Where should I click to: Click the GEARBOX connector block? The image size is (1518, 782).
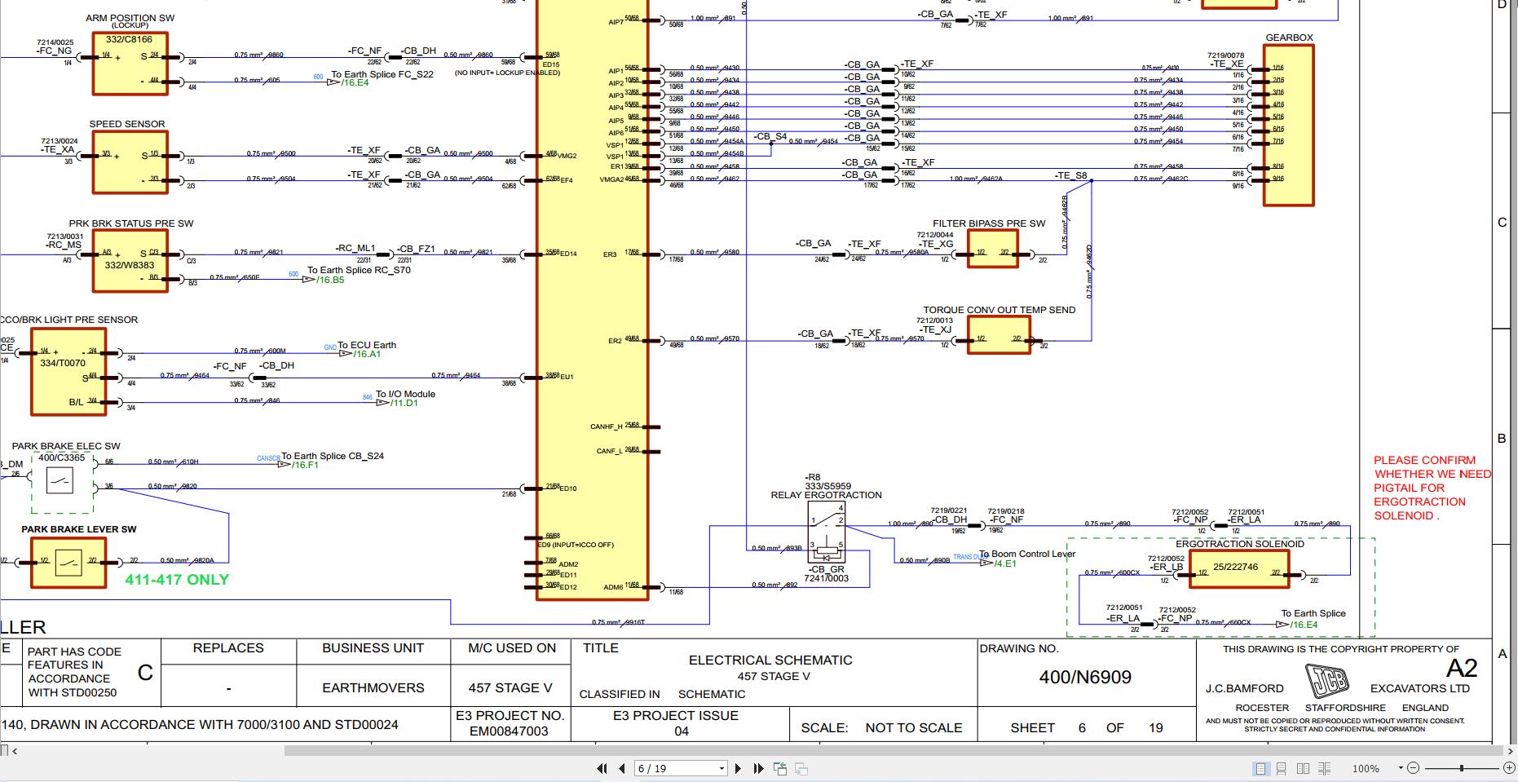click(x=1288, y=124)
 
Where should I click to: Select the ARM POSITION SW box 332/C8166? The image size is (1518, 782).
click(x=130, y=64)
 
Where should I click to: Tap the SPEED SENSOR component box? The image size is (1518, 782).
click(x=130, y=161)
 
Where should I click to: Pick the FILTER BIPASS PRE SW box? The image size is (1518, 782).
click(x=992, y=248)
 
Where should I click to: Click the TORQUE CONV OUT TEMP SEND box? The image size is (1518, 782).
click(x=998, y=335)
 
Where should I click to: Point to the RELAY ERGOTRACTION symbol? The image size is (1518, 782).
click(x=827, y=531)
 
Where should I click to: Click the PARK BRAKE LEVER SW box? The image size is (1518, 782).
click(x=68, y=562)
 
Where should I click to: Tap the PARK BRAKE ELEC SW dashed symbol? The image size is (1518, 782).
click(x=61, y=482)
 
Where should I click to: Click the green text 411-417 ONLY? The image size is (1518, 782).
click(x=177, y=580)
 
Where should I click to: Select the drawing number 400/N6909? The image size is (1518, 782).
click(x=1085, y=678)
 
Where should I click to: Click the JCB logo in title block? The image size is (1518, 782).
click(x=1326, y=680)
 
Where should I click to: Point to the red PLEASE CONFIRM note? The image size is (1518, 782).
click(x=1431, y=488)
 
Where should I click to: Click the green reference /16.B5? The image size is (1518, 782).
click(x=331, y=281)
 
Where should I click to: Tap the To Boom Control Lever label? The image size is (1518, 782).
click(x=1027, y=554)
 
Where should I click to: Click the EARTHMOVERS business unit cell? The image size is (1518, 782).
click(x=373, y=687)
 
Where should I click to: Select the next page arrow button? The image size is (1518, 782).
click(x=738, y=768)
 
